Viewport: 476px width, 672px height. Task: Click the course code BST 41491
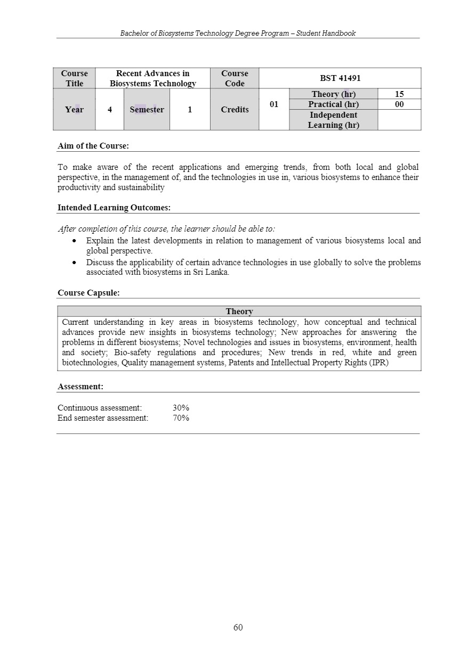point(340,78)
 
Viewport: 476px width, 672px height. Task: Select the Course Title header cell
point(74,78)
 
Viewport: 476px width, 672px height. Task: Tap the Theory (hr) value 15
point(399,94)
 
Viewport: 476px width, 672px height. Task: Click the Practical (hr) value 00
point(399,104)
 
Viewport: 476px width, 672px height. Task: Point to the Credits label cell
point(235,110)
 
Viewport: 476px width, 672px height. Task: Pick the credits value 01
point(274,104)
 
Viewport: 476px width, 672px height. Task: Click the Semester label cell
point(147,110)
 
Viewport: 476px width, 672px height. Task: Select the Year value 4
point(109,110)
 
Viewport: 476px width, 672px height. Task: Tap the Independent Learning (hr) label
point(333,120)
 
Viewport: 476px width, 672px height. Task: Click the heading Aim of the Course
point(93,146)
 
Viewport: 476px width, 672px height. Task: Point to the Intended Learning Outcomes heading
point(114,208)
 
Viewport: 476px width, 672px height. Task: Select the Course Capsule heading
point(88,293)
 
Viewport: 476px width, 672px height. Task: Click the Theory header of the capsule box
point(239,312)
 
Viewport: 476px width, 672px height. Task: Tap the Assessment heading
point(80,387)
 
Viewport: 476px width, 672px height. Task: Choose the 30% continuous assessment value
point(181,408)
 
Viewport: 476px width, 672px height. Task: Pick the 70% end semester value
point(181,418)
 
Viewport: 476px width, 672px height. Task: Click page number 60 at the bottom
point(238,627)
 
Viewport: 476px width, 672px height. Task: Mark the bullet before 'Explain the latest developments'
point(75,241)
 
